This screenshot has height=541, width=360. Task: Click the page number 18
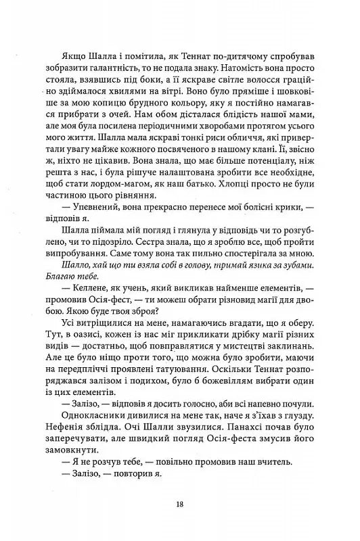tap(179, 504)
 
